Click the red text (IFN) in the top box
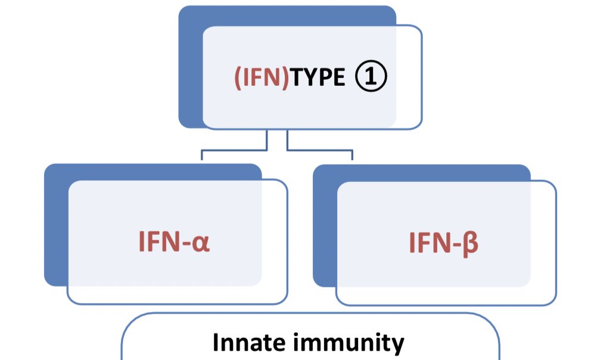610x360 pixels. tap(262, 77)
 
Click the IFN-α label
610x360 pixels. tap(174, 244)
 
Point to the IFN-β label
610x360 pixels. tap(444, 244)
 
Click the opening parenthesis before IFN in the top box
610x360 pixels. tap(236, 78)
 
